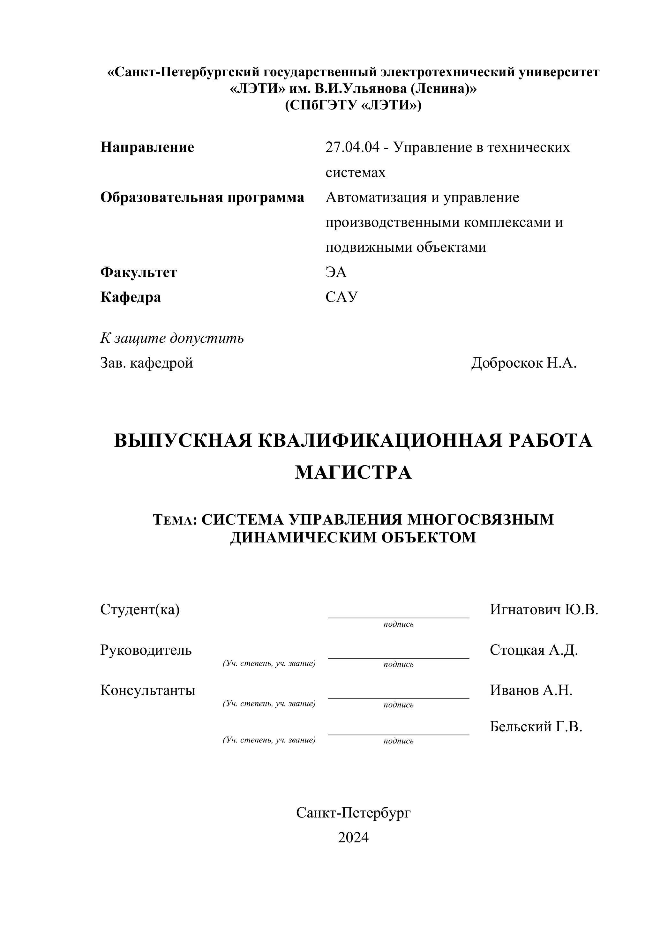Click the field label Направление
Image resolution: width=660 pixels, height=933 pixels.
tap(147, 147)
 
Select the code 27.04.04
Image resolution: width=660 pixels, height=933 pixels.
tap(352, 147)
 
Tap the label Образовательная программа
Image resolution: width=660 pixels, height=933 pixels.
tap(202, 198)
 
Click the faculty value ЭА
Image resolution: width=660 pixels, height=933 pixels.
tap(336, 272)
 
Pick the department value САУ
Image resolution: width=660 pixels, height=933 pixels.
tap(341, 297)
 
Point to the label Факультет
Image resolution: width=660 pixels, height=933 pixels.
tap(139, 272)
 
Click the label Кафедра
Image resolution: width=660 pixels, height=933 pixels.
tap(131, 297)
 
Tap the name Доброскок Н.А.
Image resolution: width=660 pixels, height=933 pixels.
tap(523, 363)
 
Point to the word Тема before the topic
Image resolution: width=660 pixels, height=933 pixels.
tap(172, 520)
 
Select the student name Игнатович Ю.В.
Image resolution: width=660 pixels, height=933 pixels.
tap(544, 609)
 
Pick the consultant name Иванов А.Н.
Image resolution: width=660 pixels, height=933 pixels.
tap(531, 690)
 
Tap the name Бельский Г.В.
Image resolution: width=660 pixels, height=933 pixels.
tap(536, 726)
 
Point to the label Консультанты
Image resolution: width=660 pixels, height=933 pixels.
tap(147, 690)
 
